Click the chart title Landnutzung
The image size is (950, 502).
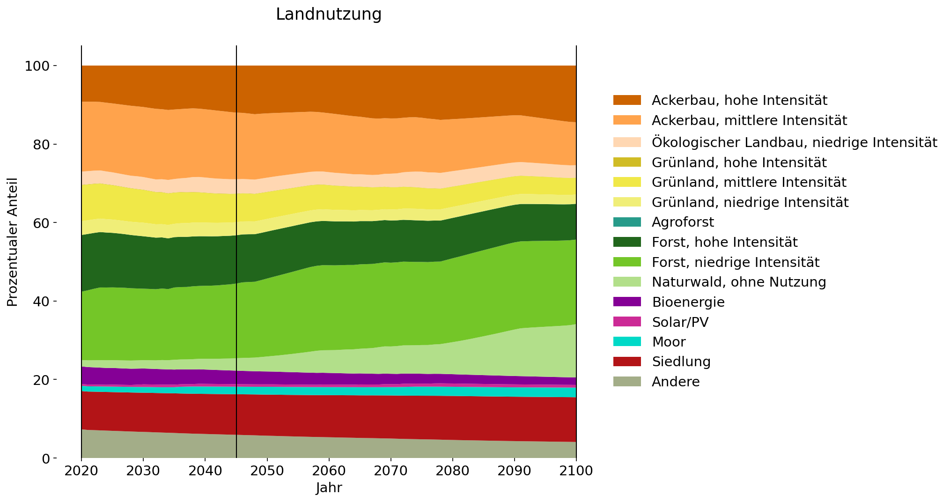329,15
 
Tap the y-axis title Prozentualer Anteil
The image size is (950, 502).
13,242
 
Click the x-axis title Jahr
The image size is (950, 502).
329,488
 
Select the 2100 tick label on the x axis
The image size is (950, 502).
576,471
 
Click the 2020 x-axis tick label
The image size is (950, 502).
81,471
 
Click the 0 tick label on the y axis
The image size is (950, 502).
45,458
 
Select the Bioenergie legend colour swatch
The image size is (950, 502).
627,302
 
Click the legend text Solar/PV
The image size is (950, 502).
680,322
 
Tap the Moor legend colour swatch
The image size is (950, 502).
627,342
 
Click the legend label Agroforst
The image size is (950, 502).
683,222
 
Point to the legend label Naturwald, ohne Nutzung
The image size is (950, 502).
738,282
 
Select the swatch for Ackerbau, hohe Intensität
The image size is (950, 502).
627,100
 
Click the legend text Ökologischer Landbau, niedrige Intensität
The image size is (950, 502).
794,142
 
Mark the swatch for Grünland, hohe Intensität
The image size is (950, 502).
627,162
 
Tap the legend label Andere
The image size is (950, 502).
675,382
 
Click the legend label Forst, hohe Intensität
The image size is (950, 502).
724,242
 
